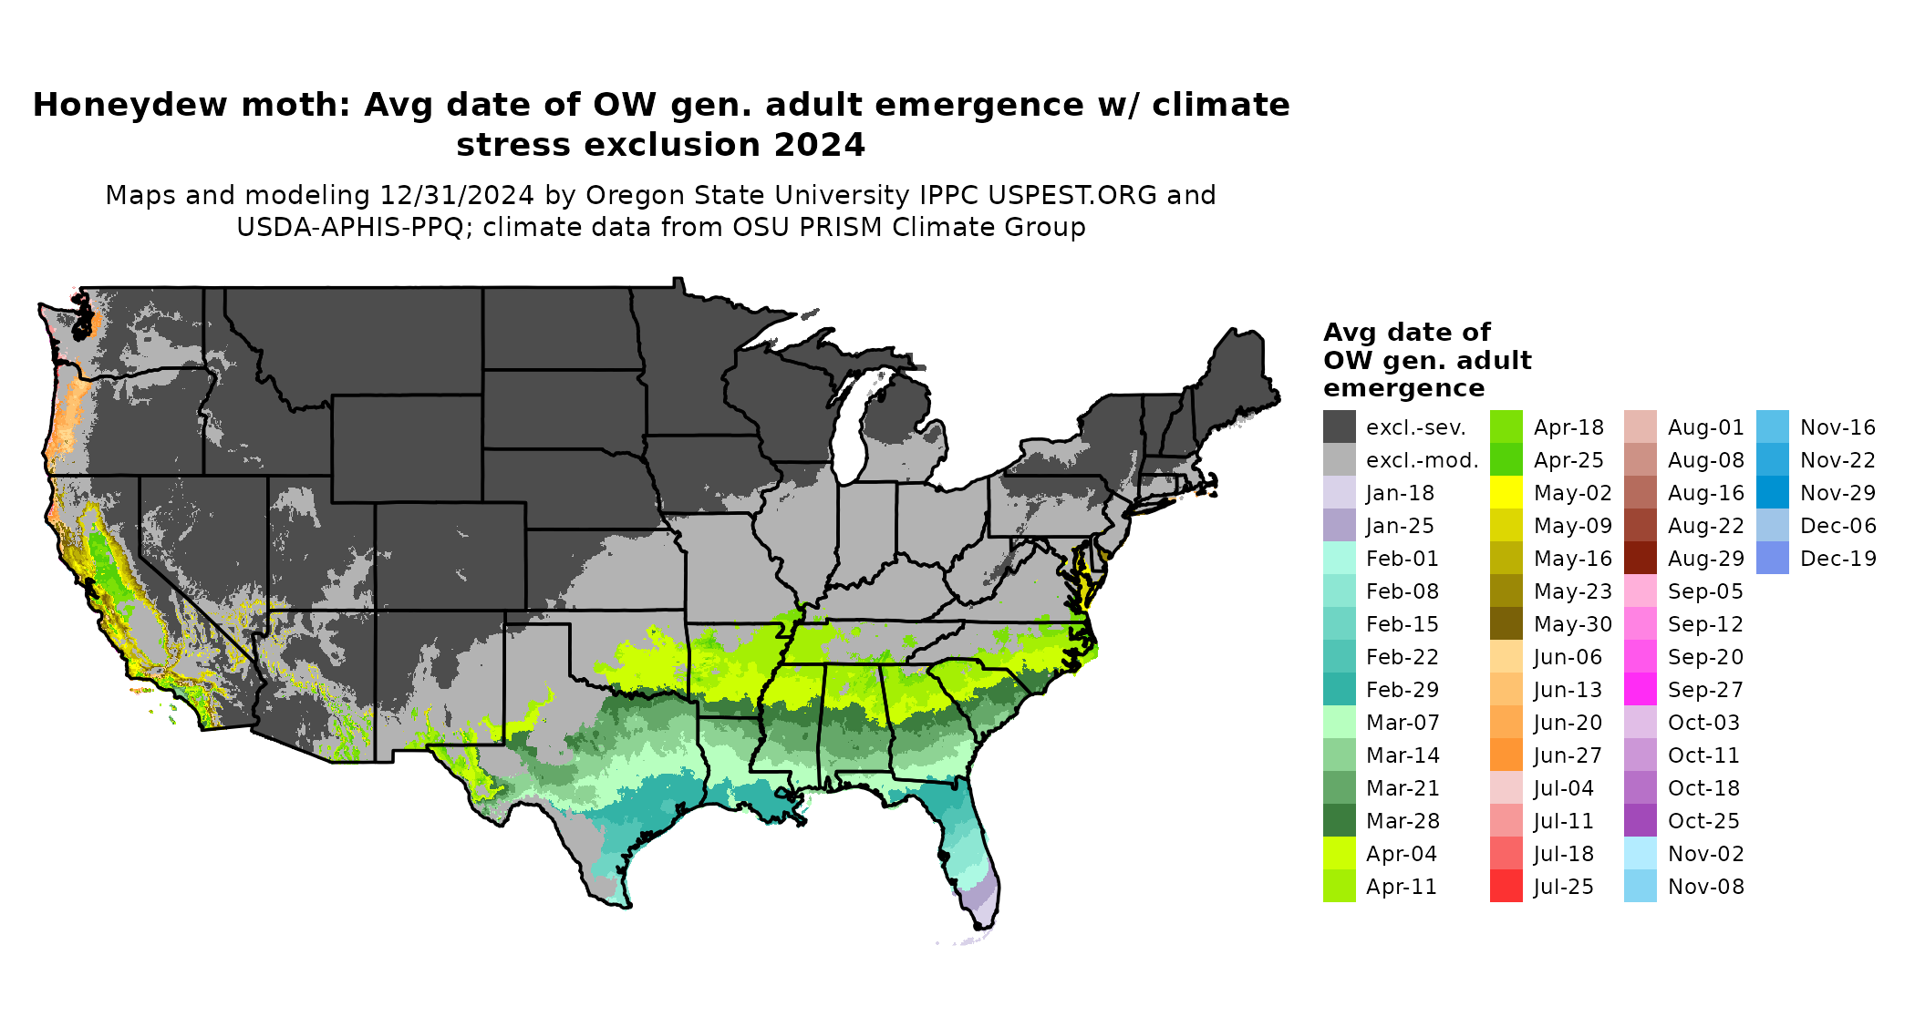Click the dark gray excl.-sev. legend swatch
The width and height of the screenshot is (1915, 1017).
(x=1340, y=426)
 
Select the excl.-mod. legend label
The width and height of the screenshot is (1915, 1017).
(x=1422, y=460)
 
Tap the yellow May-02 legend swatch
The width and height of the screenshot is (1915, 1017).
(x=1506, y=493)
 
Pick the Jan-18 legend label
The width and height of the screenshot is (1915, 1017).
(x=1400, y=493)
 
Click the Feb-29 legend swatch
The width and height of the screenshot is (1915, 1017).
(x=1340, y=690)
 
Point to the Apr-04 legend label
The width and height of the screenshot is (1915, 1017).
(x=1401, y=854)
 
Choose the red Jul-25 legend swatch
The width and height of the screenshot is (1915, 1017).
(x=1506, y=887)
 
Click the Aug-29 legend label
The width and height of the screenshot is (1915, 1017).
(x=1705, y=559)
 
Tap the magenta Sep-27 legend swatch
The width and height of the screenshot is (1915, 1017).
(x=1641, y=690)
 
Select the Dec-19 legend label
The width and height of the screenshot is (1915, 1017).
(x=1837, y=559)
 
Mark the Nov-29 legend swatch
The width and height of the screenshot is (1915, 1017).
(x=1773, y=493)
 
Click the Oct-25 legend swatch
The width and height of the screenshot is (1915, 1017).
(x=1641, y=821)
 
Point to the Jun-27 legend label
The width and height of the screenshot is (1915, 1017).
(x=1568, y=755)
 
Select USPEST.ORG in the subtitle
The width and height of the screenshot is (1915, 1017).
(x=1086, y=196)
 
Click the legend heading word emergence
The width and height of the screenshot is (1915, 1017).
(x=1403, y=389)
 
